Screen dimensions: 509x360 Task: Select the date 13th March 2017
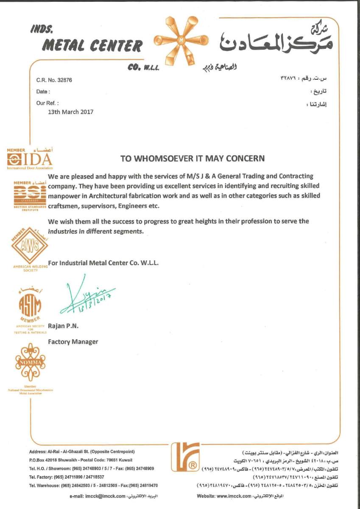(x=70, y=112)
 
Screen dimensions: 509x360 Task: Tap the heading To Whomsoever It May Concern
(x=193, y=159)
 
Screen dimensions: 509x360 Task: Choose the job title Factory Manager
(x=73, y=341)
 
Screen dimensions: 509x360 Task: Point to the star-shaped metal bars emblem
(x=181, y=41)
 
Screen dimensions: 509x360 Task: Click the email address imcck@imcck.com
(x=106, y=496)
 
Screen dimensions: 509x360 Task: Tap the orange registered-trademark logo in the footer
(x=185, y=457)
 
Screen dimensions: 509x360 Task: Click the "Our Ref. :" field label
(x=47, y=103)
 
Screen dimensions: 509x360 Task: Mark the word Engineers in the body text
(x=129, y=206)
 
